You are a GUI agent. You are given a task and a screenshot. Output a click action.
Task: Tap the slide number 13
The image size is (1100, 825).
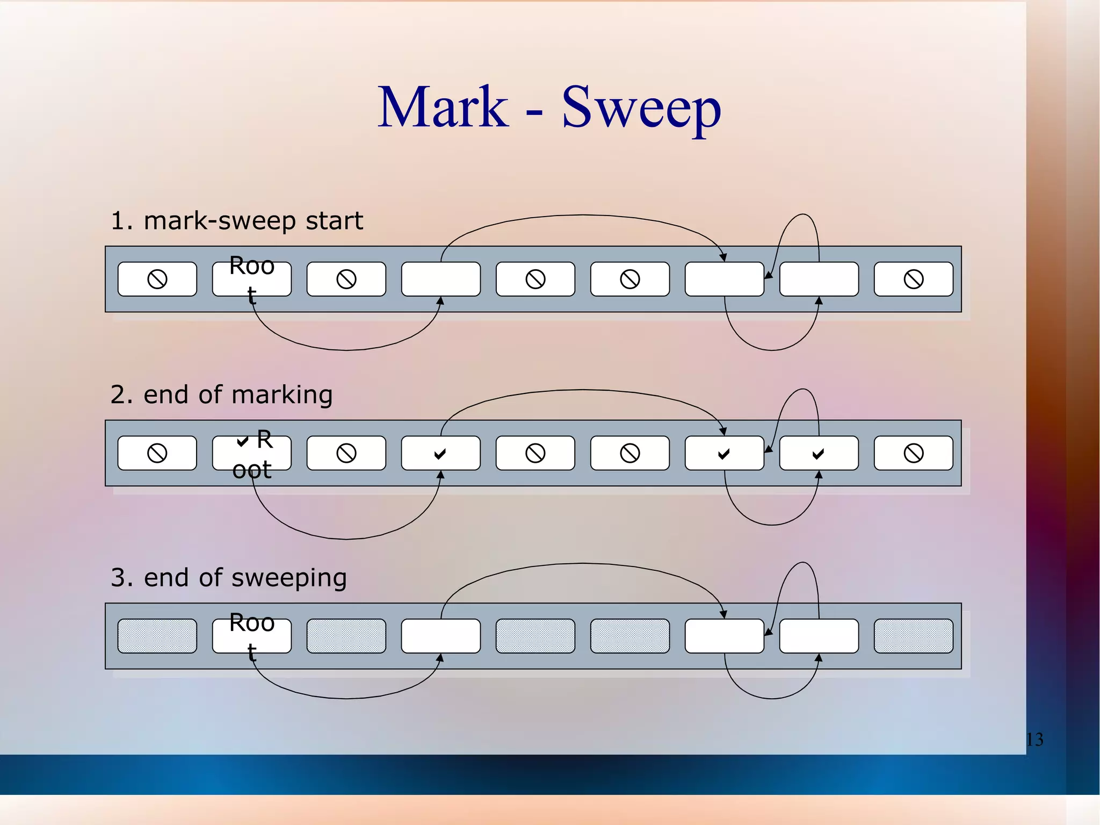click(x=1034, y=740)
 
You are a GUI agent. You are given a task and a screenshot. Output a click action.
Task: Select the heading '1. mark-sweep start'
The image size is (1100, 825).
click(x=236, y=221)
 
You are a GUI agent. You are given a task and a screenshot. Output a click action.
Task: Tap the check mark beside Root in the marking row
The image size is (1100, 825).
click(x=243, y=442)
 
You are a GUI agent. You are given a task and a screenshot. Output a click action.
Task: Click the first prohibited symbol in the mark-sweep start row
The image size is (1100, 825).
click(x=157, y=279)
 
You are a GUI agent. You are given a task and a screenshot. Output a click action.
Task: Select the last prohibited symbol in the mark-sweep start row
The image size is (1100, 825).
click(x=914, y=279)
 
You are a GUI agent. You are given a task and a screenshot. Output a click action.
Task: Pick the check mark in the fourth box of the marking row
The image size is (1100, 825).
click(x=440, y=454)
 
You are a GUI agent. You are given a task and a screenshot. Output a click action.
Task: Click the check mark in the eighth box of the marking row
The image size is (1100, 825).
click(x=818, y=454)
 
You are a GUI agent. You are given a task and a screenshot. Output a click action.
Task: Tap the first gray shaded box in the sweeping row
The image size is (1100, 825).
click(x=157, y=636)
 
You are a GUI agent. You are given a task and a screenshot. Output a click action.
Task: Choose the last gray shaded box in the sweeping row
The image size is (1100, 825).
click(x=914, y=636)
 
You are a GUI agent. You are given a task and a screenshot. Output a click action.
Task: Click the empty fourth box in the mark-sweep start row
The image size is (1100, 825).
click(x=441, y=279)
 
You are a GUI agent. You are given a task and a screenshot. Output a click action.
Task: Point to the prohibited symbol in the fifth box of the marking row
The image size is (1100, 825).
click(x=535, y=453)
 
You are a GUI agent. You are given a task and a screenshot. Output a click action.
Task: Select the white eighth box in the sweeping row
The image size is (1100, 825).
click(x=819, y=636)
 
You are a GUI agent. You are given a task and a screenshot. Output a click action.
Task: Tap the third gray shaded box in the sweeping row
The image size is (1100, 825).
click(x=535, y=636)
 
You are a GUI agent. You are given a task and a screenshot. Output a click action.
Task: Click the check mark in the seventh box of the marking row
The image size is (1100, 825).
click(x=724, y=454)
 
